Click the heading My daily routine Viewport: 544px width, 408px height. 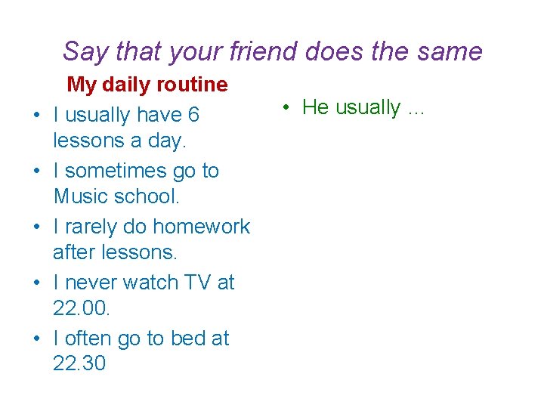[x=147, y=85]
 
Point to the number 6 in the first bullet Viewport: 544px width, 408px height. [x=193, y=115]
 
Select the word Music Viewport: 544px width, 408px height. [x=82, y=196]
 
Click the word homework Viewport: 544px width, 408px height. [x=201, y=227]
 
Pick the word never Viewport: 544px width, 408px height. [x=91, y=283]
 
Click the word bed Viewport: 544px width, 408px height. [x=187, y=338]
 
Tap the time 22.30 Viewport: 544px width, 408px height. [x=79, y=363]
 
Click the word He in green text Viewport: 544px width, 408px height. [x=315, y=107]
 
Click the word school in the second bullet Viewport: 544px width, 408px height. [x=148, y=196]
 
